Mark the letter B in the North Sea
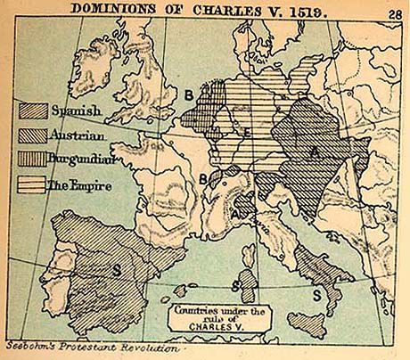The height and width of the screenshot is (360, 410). tap(189, 93)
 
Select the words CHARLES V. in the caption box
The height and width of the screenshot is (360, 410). tap(209, 324)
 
